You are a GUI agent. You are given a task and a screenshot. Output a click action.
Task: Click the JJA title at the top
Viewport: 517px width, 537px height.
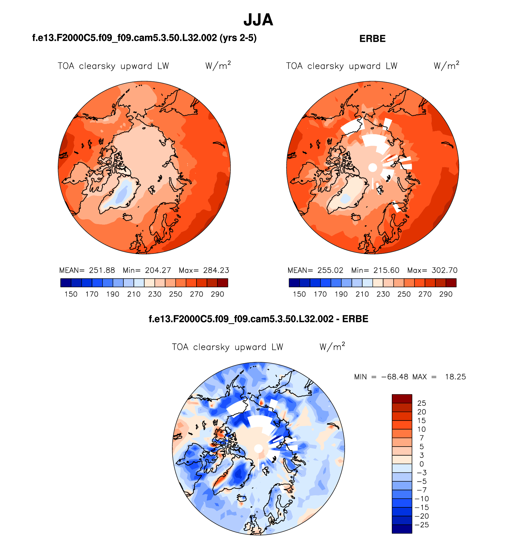coord(258,20)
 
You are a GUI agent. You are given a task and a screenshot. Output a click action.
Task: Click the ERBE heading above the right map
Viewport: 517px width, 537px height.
coord(372,39)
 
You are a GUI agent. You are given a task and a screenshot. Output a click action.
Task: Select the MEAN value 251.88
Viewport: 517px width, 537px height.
coord(102,270)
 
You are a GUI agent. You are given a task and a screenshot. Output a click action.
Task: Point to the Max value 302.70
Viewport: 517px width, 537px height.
coord(444,270)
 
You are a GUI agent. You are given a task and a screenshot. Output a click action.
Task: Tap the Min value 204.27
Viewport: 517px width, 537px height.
coord(158,270)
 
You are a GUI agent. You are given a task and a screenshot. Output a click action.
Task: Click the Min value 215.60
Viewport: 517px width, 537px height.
coord(386,270)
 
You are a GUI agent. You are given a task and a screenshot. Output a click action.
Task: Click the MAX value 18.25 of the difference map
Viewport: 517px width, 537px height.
coord(455,377)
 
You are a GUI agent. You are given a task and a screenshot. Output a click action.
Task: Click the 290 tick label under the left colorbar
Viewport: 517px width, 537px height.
coord(217,294)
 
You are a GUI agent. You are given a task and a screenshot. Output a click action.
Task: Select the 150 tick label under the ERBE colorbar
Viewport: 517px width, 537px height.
coord(299,294)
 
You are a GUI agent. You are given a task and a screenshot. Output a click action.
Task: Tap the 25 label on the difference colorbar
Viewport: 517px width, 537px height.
coord(421,403)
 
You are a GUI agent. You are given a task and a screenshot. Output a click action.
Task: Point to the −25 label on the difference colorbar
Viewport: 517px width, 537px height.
coord(422,525)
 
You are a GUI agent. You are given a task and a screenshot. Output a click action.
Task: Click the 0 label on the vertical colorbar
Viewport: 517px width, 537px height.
coord(421,464)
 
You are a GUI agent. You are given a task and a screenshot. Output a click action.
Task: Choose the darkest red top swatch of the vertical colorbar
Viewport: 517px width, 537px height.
coord(402,399)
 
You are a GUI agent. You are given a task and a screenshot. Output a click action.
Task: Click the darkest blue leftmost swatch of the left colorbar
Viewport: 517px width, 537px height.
coord(66,283)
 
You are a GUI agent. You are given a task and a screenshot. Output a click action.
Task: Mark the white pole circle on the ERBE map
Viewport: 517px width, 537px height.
coord(372,168)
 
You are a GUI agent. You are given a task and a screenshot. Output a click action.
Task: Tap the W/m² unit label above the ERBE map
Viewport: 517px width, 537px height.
coord(446,66)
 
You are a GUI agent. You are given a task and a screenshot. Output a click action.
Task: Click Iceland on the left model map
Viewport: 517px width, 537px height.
coord(128,217)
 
